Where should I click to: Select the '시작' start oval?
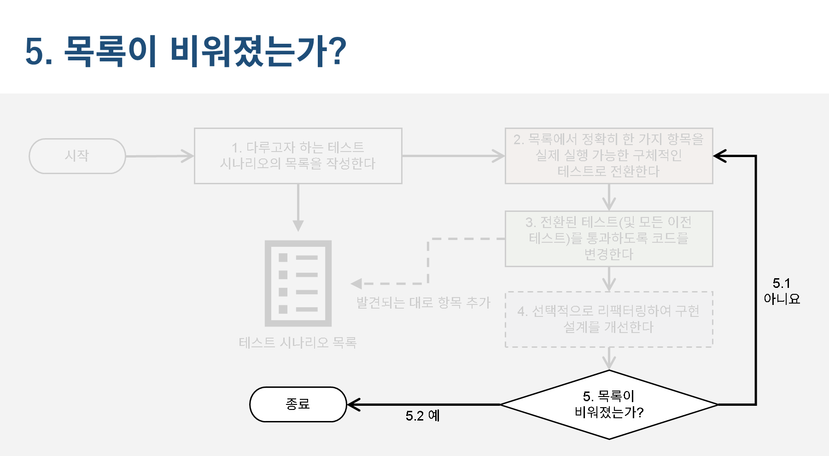click(77, 156)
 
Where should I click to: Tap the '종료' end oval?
click(298, 404)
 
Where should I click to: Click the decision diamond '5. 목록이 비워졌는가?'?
click(609, 404)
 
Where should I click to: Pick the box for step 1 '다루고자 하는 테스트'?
click(298, 156)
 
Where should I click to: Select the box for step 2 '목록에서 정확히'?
click(609, 156)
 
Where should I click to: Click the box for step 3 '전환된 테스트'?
click(609, 239)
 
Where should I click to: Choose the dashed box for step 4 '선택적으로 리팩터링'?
click(609, 319)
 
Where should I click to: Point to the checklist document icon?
click(298, 283)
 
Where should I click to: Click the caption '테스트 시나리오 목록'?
click(298, 343)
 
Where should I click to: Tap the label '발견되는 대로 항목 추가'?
click(423, 303)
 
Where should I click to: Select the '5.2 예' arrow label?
click(422, 415)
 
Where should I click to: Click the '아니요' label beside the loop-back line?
click(782, 298)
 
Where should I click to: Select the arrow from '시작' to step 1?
click(159, 156)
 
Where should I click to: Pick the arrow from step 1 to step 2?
click(453, 156)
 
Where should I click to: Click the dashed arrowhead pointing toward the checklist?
click(356, 284)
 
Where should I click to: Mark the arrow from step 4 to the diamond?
click(609, 358)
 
